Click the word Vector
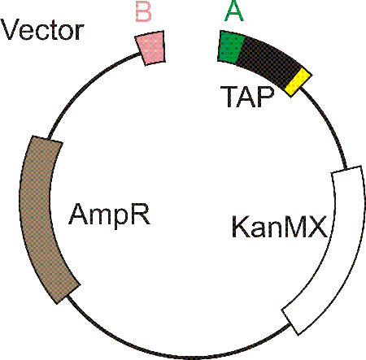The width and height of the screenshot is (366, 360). point(42,30)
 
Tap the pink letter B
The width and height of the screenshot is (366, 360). point(143,12)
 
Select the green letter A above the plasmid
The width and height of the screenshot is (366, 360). point(234,11)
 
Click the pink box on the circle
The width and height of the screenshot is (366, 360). point(150,48)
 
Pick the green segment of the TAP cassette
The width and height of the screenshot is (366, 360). point(231,47)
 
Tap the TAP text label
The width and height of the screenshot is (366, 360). point(247,97)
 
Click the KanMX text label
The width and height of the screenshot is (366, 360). point(280,227)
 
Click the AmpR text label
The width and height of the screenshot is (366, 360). point(109,215)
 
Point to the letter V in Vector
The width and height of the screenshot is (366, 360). point(11,30)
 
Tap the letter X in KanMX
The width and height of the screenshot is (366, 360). point(317,227)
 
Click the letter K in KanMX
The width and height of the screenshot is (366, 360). point(241,227)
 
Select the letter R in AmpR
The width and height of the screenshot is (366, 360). point(142,214)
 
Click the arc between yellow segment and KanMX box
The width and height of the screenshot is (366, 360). point(329,124)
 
